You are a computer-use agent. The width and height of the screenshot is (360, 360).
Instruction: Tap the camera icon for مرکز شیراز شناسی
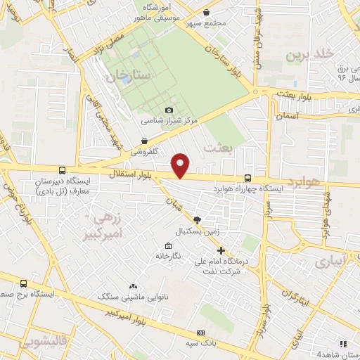[x=169, y=110]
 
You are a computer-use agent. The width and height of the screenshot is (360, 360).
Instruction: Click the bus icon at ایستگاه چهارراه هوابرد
[x=247, y=179]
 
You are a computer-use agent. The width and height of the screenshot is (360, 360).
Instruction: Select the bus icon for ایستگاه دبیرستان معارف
[x=63, y=170]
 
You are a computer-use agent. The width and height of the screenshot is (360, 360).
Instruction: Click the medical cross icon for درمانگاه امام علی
[x=221, y=250]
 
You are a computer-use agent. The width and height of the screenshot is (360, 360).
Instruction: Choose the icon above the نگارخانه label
[x=167, y=245]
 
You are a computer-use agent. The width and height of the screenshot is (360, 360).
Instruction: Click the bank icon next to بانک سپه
[x=202, y=333]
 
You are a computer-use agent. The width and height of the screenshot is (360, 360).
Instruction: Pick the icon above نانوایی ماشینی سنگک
[x=134, y=286]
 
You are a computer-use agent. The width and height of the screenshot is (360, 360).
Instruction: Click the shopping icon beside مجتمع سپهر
[x=205, y=12]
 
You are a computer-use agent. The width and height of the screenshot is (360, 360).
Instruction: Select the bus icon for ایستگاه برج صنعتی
[x=24, y=283]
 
